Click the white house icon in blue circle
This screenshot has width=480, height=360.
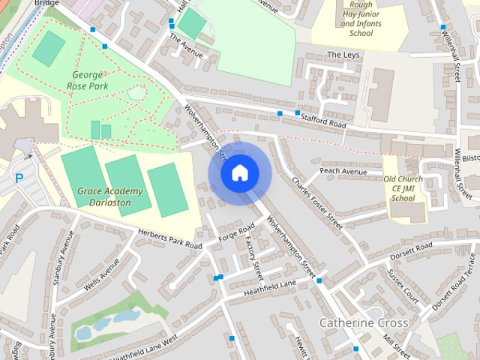point(238,173)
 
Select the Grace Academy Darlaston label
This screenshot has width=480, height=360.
point(103,196)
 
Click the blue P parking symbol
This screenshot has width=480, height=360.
point(19,178)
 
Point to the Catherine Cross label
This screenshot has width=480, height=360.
point(364,322)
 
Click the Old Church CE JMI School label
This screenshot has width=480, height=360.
point(403,188)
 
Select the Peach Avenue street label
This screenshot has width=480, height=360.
point(343,172)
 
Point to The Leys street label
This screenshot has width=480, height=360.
point(343,55)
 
